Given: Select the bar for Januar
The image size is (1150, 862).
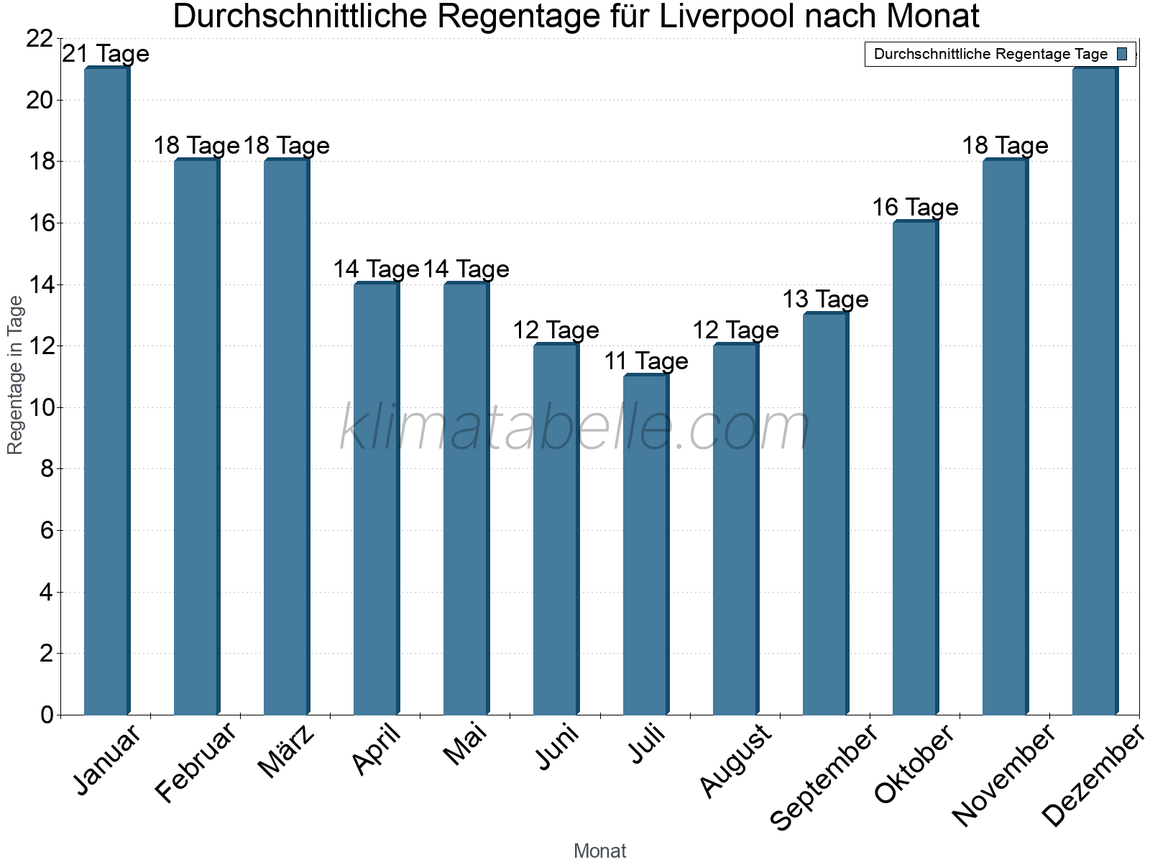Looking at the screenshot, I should tap(106, 391).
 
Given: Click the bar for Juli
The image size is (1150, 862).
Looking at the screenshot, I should tap(645, 546).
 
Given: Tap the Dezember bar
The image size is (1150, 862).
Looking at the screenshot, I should tap(1095, 391).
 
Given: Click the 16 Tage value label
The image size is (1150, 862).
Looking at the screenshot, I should tap(915, 208).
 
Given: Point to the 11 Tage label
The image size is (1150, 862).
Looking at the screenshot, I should tap(645, 361).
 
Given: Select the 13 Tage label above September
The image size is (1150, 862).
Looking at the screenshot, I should tap(825, 299).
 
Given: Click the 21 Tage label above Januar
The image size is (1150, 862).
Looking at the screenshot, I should tap(106, 54).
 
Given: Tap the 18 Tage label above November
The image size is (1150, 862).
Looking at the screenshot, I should tap(1005, 146).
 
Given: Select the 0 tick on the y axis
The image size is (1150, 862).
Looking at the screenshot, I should tap(47, 715).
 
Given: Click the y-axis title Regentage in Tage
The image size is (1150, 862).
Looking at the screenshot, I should tap(15, 375).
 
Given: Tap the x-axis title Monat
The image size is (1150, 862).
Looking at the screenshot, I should tap(599, 851).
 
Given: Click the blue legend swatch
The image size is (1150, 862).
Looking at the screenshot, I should tap(1122, 54).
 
